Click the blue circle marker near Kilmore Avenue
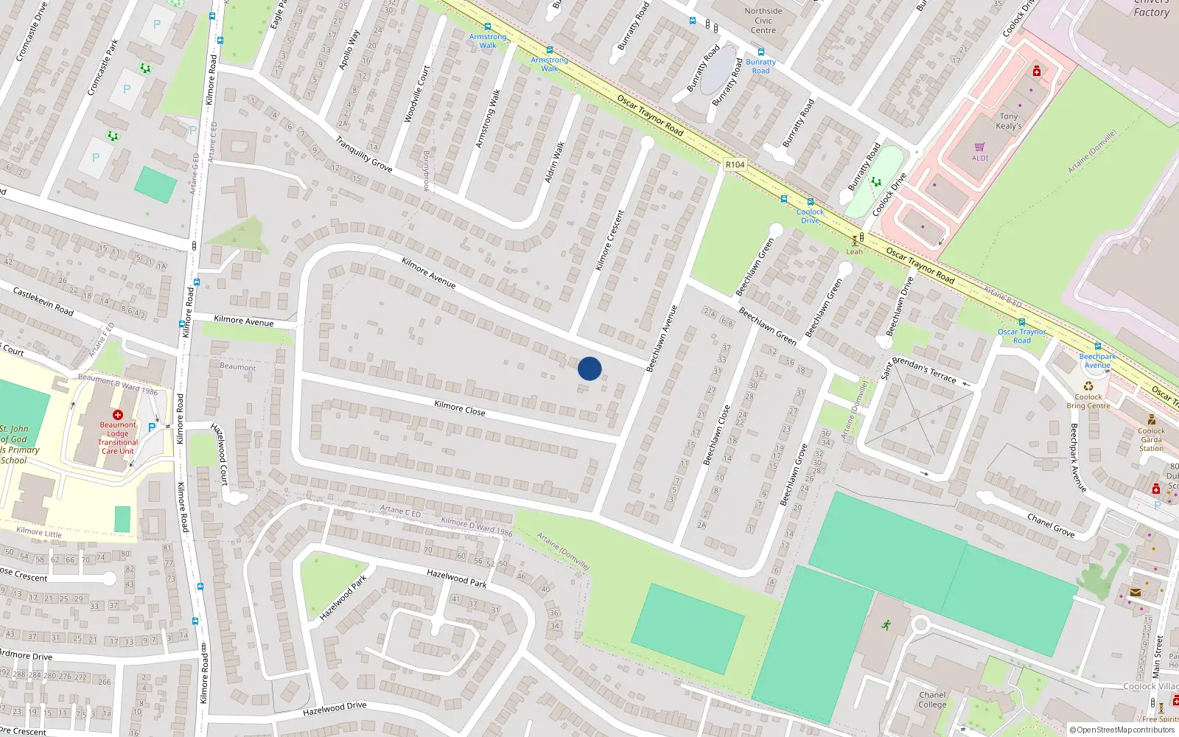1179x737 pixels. [x=589, y=368]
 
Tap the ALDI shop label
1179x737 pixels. [x=980, y=158]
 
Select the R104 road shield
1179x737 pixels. [x=735, y=164]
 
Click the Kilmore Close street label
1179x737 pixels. [x=460, y=408]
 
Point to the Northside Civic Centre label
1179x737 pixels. [x=763, y=21]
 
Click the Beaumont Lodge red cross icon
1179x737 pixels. [x=118, y=415]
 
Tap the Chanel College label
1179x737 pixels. [x=932, y=699]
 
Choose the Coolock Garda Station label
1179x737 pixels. [x=1151, y=439]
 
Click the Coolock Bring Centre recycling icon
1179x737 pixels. [x=1088, y=385]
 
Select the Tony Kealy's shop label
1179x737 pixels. [x=1009, y=121]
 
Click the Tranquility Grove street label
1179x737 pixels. [x=364, y=154]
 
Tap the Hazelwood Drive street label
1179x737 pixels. [x=335, y=709]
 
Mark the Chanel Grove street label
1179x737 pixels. [x=1051, y=525]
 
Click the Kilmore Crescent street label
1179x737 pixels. [x=609, y=240]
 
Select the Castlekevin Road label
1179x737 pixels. [x=43, y=301]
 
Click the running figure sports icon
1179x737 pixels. [x=886, y=625]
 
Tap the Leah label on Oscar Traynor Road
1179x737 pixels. [x=854, y=251]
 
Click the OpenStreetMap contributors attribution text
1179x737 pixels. [x=1122, y=730]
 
